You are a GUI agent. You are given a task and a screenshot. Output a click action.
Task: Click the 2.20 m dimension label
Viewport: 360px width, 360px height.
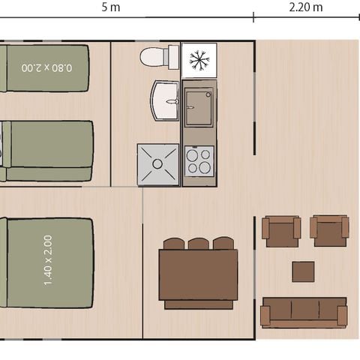click(306, 7)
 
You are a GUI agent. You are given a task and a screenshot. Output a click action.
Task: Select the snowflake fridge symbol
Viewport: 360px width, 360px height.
click(199, 60)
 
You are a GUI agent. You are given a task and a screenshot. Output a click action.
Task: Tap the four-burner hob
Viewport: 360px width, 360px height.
click(199, 160)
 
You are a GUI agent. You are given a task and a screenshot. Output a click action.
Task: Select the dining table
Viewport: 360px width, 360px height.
click(198, 274)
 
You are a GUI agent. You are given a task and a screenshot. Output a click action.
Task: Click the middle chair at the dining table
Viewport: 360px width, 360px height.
click(199, 244)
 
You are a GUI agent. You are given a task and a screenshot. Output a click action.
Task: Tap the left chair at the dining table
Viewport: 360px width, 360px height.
click(174, 244)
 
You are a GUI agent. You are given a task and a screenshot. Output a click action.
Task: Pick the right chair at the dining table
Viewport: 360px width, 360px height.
click(223, 244)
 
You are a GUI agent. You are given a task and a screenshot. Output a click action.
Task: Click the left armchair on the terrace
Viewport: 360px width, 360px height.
click(281, 230)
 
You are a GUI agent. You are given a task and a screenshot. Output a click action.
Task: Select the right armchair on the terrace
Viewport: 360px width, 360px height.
click(329, 230)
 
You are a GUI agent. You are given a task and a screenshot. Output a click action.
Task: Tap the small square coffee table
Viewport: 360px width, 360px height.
click(303, 271)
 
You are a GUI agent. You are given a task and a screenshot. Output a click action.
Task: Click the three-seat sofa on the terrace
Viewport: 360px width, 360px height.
click(304, 312)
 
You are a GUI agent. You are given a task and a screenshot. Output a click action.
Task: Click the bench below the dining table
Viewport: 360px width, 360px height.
click(198, 304)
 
